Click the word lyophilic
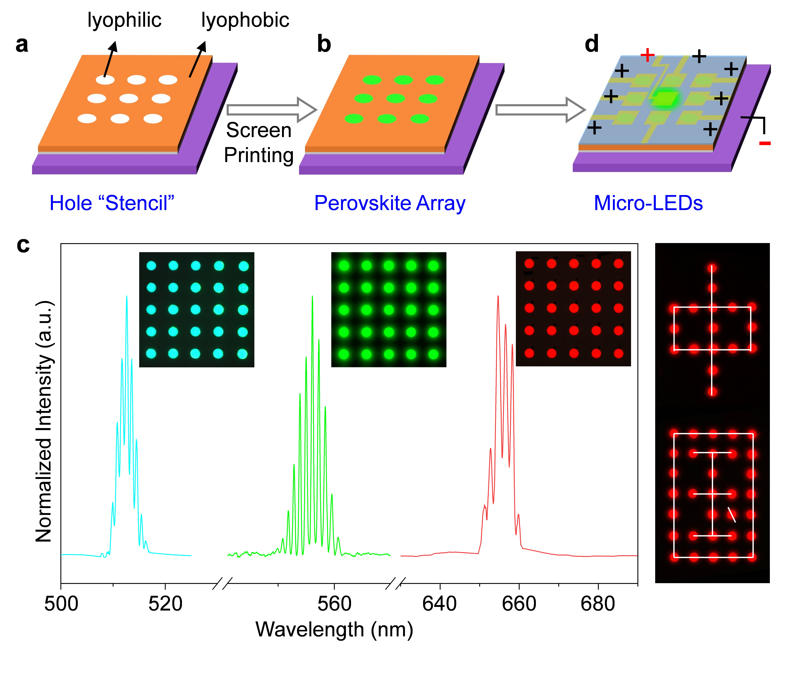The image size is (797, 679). pyautogui.click(x=124, y=20)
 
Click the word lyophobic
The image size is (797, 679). pyautogui.click(x=245, y=20)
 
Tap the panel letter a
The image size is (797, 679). pyautogui.click(x=22, y=45)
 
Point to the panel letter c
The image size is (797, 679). pyautogui.click(x=23, y=245)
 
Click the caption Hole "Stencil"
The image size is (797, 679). pyautogui.click(x=112, y=203)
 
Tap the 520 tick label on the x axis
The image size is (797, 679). pyautogui.click(x=165, y=604)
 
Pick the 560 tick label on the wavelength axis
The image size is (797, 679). pyautogui.click(x=334, y=604)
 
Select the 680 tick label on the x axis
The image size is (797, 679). pyautogui.click(x=598, y=604)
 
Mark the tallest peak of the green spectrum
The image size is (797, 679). pyautogui.click(x=312, y=296)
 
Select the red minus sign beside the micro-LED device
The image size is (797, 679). pyautogui.click(x=765, y=143)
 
